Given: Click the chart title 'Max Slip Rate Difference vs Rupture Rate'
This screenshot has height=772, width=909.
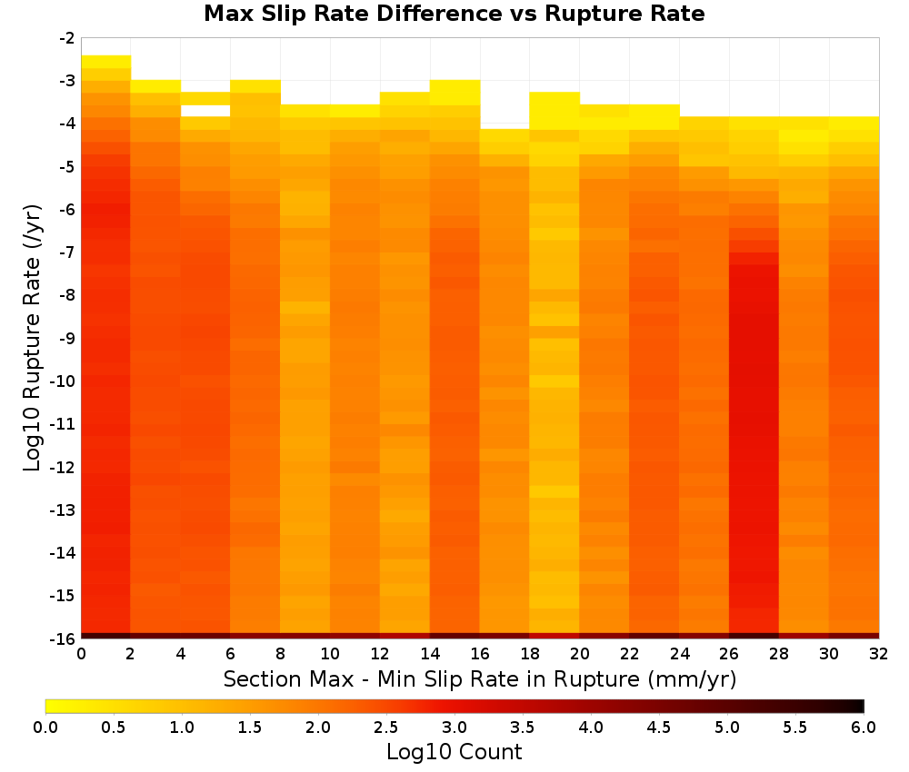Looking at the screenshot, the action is point(454,14).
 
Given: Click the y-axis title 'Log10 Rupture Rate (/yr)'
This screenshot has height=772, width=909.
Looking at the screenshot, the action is point(33,338).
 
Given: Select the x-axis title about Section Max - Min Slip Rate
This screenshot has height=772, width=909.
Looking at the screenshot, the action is point(480,679).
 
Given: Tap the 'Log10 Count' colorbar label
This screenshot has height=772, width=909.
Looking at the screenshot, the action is point(454,752).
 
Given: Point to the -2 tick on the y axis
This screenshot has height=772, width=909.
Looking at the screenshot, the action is point(67,38).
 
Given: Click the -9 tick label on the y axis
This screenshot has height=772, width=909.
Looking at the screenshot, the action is point(67,338).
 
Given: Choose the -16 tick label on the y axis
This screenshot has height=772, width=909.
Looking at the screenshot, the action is point(63,638).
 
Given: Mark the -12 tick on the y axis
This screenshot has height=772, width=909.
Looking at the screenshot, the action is point(63,468).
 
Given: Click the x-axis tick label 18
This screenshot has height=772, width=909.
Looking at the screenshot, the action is point(530,654).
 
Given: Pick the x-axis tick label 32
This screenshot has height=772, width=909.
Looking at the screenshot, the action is point(879,654).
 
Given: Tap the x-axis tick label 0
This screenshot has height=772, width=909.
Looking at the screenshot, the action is point(81,654).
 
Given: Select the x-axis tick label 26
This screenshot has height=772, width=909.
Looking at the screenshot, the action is point(729,654).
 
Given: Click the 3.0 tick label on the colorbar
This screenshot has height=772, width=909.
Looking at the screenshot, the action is point(454,727).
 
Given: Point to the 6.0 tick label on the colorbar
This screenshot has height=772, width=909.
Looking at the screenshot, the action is point(864,727).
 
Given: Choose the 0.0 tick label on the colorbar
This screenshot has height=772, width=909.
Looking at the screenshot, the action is point(45,727).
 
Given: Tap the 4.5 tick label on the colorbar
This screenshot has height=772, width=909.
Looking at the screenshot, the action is point(659,727).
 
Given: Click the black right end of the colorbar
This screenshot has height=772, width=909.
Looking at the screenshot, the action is point(859,706).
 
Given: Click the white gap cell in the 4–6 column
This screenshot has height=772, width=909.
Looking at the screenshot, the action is point(205,111).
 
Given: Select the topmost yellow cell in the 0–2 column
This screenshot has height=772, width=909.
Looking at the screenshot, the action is point(106,62).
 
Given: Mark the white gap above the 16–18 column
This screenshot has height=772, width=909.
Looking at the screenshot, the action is point(504,104).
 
